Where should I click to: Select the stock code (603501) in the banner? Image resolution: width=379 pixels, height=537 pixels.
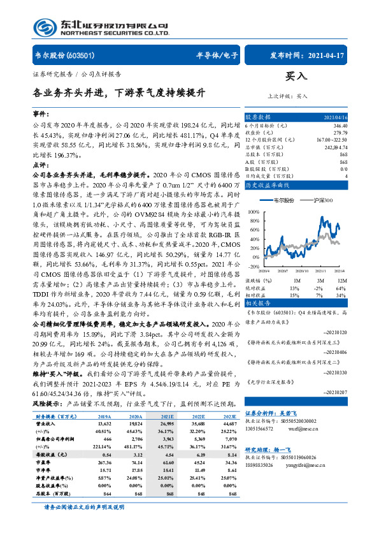(x=81, y=55)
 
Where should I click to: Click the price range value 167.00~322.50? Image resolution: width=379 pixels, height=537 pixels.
(x=351, y=139)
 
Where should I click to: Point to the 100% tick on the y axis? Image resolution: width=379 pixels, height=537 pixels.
(x=254, y=210)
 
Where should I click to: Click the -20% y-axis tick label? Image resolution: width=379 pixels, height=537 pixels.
(x=254, y=267)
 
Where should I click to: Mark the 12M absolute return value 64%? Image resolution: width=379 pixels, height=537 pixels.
(x=359, y=287)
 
